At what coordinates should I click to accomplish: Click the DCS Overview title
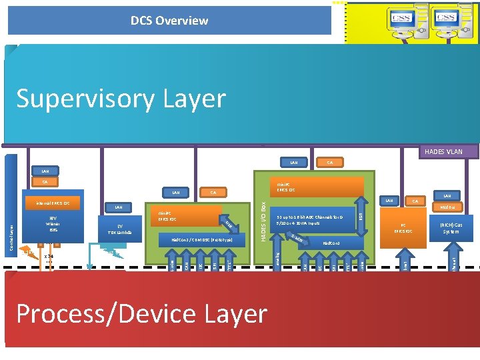pos(169,21)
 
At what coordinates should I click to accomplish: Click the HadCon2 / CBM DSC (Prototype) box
pos(201,239)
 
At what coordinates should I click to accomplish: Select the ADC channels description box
pos(310,219)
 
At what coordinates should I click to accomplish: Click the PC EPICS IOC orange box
pos(403,228)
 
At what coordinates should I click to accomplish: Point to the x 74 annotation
pos(49,256)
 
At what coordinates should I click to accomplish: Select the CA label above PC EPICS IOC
pos(415,201)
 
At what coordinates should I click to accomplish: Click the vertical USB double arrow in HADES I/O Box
pos(361,217)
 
